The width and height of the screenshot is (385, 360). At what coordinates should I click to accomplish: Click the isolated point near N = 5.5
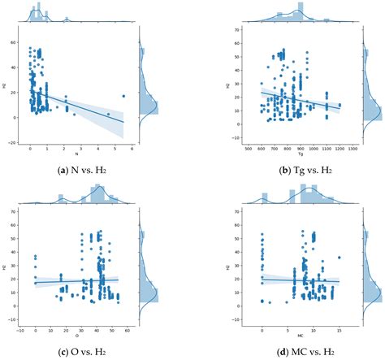click(x=123, y=95)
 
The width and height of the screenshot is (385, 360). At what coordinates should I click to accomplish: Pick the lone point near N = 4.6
click(x=108, y=114)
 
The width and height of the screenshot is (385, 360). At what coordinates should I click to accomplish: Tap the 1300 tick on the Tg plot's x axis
click(x=354, y=149)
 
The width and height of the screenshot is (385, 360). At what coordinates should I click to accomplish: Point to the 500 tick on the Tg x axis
click(x=247, y=149)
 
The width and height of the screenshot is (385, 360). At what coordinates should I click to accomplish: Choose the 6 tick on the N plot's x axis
click(x=131, y=149)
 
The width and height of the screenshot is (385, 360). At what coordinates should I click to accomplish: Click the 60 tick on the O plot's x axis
click(x=131, y=331)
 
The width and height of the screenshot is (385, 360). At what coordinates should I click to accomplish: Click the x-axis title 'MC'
click(x=300, y=336)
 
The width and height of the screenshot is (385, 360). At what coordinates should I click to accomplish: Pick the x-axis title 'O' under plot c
click(x=77, y=336)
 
